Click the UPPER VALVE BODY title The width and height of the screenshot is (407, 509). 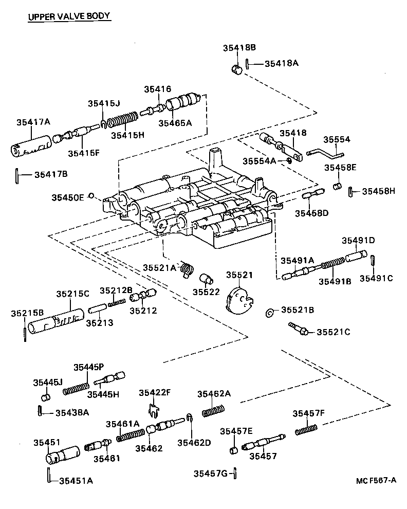[68, 16]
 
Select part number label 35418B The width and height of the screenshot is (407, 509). [239, 48]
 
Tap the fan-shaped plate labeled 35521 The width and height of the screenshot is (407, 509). [239, 300]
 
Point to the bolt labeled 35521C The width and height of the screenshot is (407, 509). [298, 329]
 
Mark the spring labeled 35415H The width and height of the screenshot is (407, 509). [123, 122]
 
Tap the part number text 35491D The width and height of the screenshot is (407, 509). [359, 240]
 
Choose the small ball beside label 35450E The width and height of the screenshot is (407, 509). [91, 196]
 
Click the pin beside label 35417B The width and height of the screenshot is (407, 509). [16, 175]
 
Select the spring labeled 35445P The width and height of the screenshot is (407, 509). [77, 387]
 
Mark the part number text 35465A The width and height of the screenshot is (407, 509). [175, 123]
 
